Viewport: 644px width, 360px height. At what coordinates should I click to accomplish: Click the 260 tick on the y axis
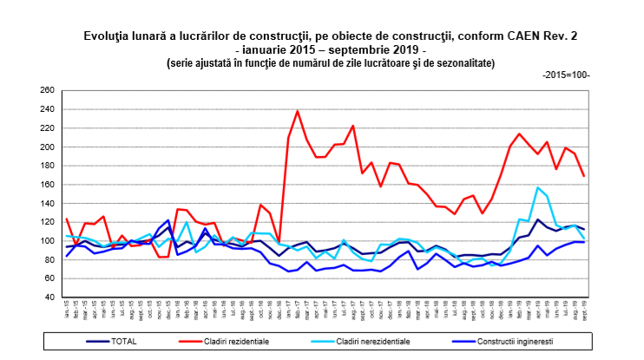pos(48,90)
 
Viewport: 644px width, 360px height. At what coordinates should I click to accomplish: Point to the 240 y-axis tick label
pos(48,109)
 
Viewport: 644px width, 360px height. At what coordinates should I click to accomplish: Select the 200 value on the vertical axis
pos(48,147)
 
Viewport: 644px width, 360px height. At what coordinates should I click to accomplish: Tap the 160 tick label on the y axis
pos(48,184)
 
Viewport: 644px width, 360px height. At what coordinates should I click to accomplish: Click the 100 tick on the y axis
pos(48,240)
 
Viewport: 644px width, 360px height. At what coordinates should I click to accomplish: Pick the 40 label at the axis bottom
pos(49,297)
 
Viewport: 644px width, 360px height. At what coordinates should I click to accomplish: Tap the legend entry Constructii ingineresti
pos(512,342)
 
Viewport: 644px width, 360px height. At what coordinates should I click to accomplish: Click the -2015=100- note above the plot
pos(566,75)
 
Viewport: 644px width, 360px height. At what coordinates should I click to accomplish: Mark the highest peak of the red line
pos(298,111)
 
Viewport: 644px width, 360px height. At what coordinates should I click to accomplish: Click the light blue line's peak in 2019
pos(538,187)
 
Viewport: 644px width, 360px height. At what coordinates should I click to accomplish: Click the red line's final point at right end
pos(583,176)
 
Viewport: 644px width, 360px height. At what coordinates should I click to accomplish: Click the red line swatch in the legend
pos(194,342)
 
